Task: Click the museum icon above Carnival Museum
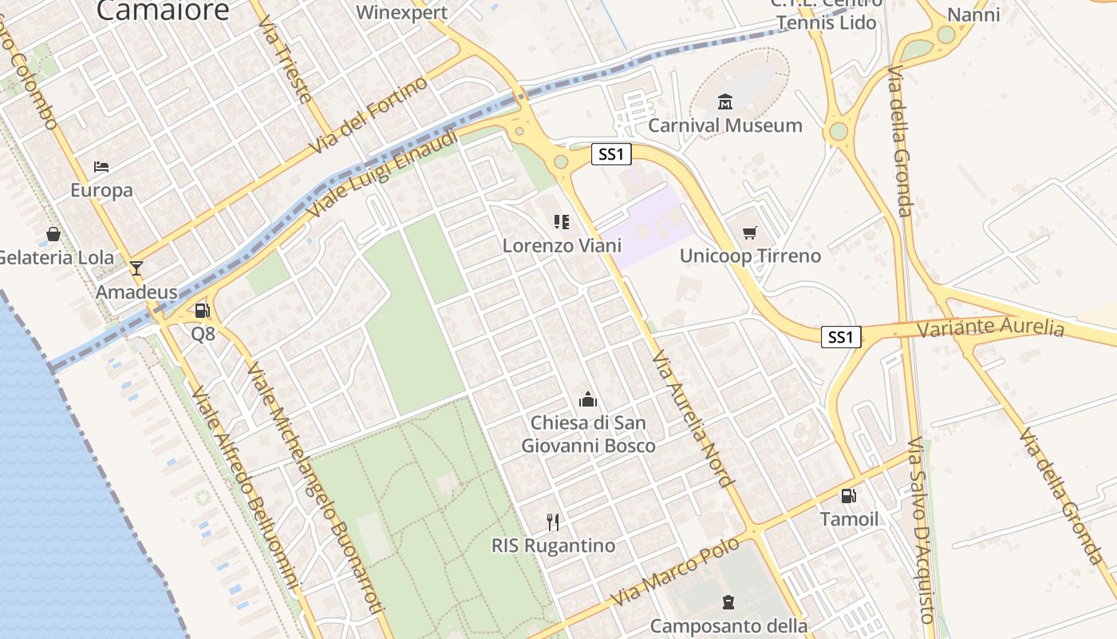point(725,101)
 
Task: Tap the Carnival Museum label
point(725,125)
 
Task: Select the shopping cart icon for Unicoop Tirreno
point(749,232)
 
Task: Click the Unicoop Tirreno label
point(750,256)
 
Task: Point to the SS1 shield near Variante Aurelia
point(841,337)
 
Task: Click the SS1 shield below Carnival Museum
point(611,154)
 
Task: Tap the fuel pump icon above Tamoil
point(849,496)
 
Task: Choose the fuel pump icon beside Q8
point(203,311)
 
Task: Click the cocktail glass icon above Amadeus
point(136,268)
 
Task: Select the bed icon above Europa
point(101,167)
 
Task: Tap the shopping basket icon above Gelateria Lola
point(53,234)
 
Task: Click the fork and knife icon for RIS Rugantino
point(553,522)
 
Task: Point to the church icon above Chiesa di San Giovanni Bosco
point(588,399)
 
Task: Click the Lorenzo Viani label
point(562,245)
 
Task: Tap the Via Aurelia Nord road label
point(692,418)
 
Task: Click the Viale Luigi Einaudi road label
point(384,174)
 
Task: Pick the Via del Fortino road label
point(369,117)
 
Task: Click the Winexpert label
point(402,12)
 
